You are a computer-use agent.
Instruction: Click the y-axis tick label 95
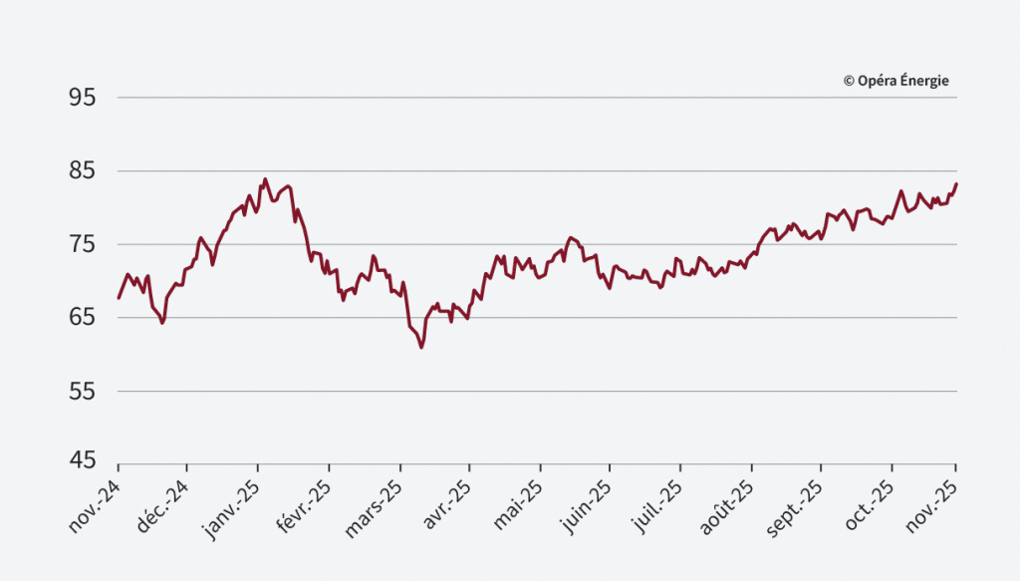point(82,98)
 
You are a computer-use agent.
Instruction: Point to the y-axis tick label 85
point(82,171)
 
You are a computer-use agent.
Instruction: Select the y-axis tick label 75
point(82,244)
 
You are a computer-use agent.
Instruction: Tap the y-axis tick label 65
point(82,318)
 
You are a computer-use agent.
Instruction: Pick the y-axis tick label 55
point(82,392)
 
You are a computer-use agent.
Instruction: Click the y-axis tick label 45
point(82,461)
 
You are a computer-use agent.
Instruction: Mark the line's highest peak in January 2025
point(265,179)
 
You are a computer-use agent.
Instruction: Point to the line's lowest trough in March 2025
point(421,348)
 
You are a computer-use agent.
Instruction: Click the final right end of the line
point(956,183)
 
